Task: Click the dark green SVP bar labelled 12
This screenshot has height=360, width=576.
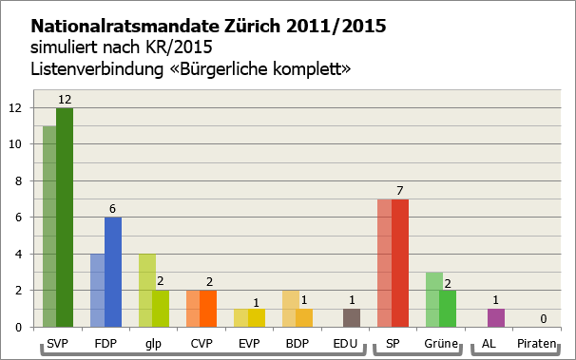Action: (65, 218)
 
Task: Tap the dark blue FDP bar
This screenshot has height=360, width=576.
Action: (113, 272)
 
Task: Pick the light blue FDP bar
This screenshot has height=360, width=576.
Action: (97, 290)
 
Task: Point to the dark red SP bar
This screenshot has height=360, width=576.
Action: (400, 263)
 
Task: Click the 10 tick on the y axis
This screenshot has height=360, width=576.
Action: (14, 144)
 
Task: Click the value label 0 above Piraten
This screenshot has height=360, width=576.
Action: (543, 318)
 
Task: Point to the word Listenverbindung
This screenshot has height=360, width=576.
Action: (88, 69)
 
